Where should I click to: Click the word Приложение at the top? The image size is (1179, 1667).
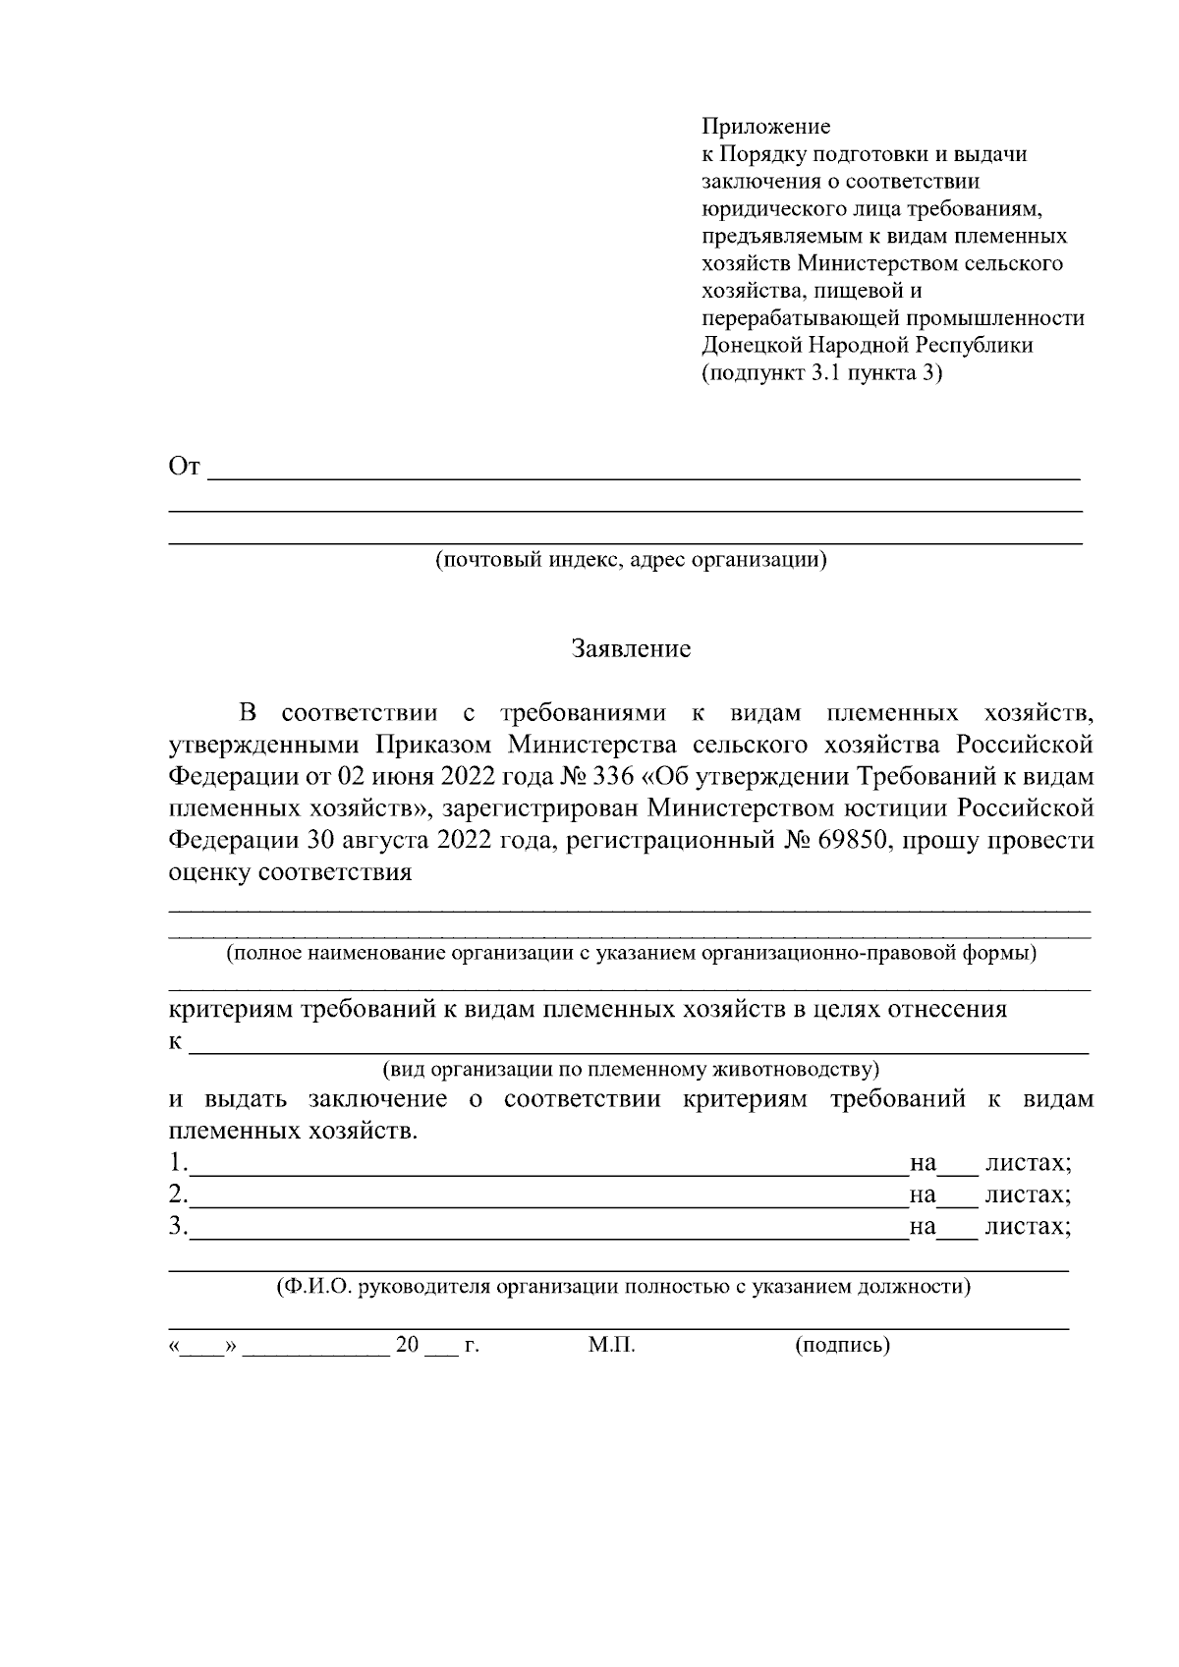(765, 127)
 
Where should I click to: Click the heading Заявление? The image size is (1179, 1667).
(632, 649)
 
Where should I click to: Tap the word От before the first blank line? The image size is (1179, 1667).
(185, 467)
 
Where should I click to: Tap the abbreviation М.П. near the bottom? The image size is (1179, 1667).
(612, 1345)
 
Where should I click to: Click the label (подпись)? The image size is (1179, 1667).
(842, 1345)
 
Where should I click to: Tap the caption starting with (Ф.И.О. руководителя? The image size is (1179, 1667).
(623, 1287)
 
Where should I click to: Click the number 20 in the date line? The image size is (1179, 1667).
(407, 1345)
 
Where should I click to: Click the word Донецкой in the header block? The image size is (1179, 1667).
(752, 346)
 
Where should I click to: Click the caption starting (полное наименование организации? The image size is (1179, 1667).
(631, 953)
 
